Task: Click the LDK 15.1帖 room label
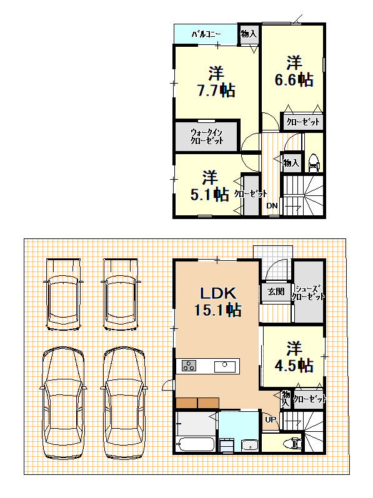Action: [218, 301]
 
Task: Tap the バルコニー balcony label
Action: [206, 34]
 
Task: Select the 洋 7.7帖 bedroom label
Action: [216, 82]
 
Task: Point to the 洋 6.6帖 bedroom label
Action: [294, 71]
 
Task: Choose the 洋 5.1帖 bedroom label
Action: [210, 186]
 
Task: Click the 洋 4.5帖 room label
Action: [294, 357]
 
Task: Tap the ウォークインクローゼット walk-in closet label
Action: [207, 137]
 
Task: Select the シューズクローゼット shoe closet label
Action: [308, 293]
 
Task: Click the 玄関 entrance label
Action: [276, 291]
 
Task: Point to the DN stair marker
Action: [272, 206]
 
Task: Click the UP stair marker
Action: [271, 419]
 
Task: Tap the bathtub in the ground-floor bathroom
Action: [196, 444]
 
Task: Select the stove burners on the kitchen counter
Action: [189, 366]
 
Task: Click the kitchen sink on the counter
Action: [225, 367]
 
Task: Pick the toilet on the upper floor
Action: [313, 163]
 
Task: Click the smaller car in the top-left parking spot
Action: [63, 295]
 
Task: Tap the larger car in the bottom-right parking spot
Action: [124, 403]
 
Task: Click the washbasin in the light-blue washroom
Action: [250, 444]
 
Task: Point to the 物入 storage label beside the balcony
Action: [248, 34]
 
